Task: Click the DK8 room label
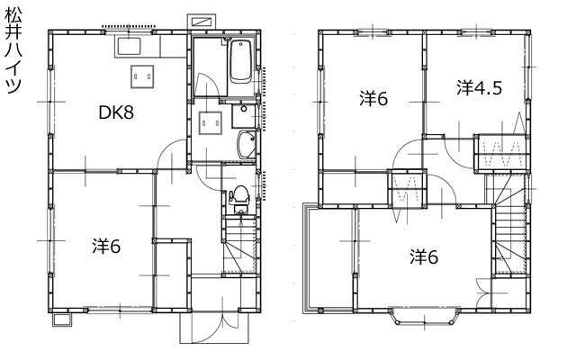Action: (x=116, y=112)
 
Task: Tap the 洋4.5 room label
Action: (x=480, y=88)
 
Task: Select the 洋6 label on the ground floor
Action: (x=106, y=246)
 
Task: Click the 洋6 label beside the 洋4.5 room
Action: (x=373, y=99)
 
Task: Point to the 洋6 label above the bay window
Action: (x=424, y=256)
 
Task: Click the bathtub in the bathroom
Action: (x=241, y=61)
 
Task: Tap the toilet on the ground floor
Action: (x=240, y=200)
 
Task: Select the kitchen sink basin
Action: (x=129, y=46)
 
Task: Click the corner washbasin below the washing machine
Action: (x=246, y=144)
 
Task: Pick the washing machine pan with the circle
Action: (x=244, y=116)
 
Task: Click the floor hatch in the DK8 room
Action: (x=142, y=76)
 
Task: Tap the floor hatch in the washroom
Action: (x=211, y=123)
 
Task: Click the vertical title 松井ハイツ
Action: (x=13, y=51)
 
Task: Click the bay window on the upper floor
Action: (x=424, y=318)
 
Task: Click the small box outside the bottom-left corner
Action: (x=61, y=320)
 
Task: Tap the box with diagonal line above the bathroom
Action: (x=202, y=22)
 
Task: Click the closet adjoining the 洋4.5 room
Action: (x=502, y=153)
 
